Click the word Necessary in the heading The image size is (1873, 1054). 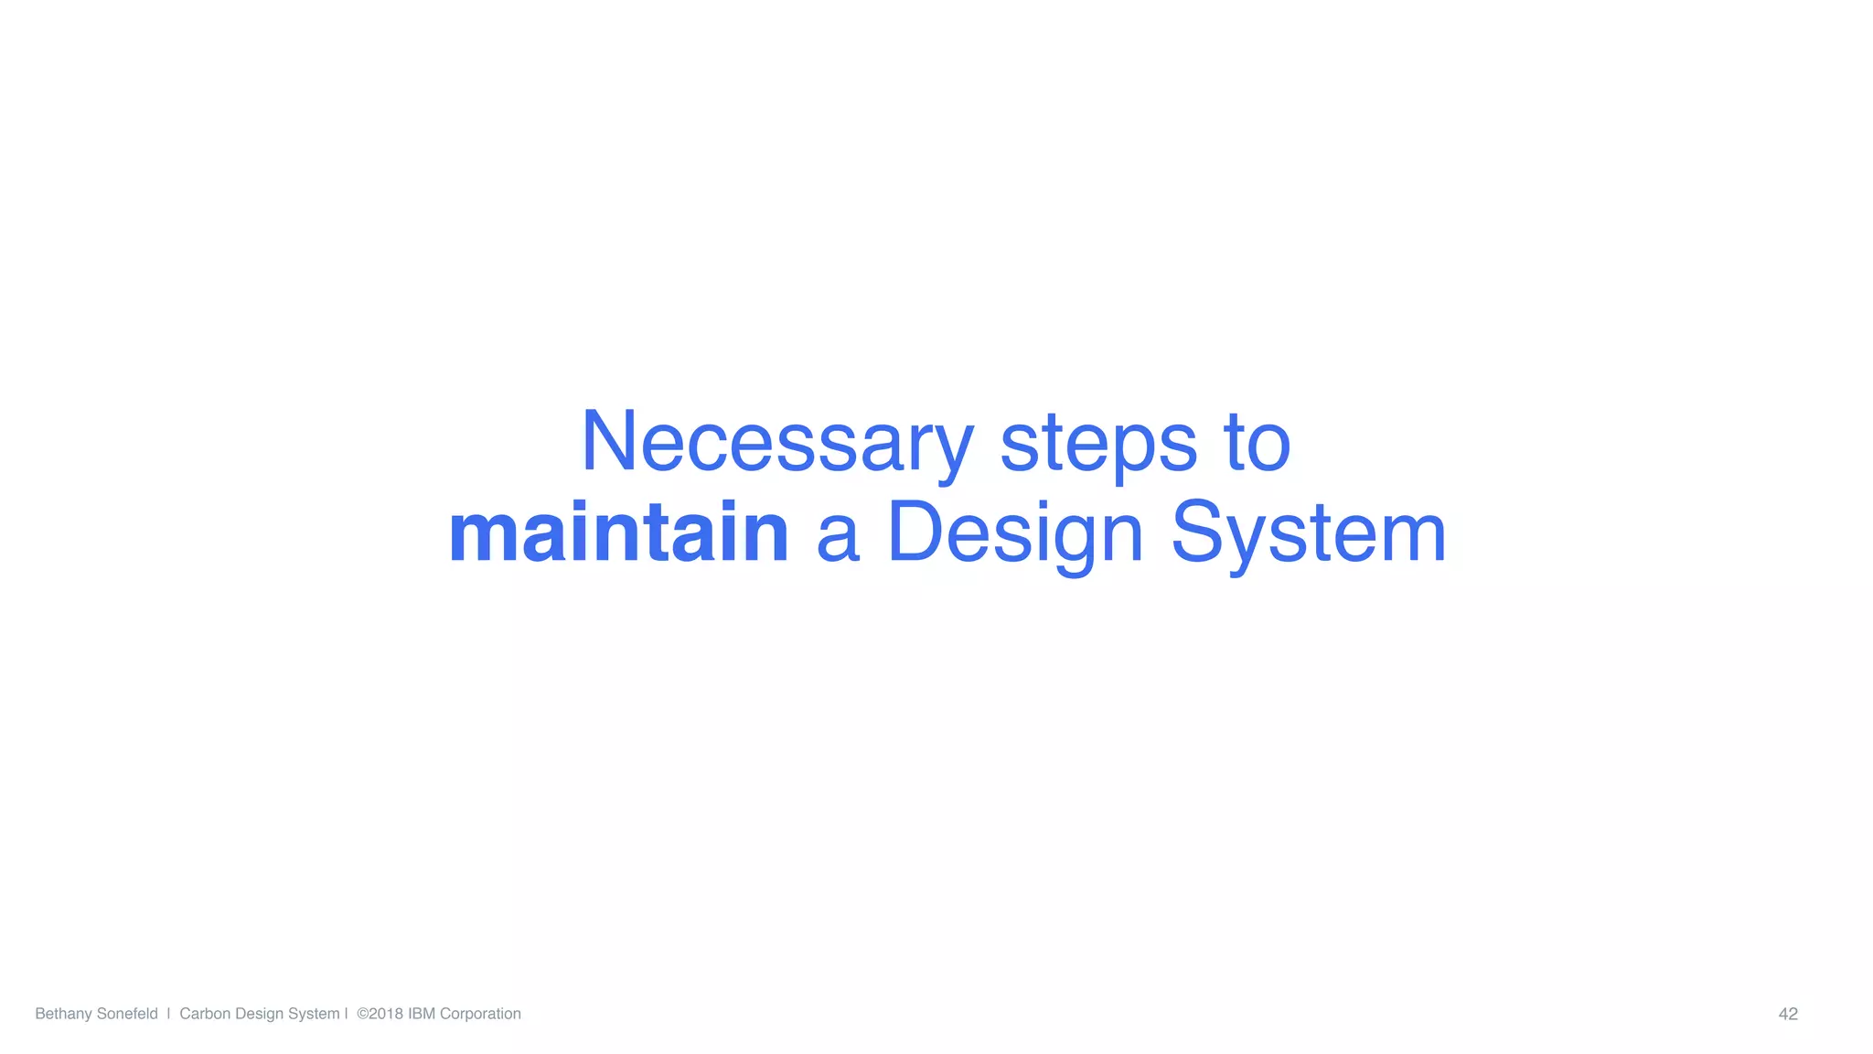coord(777,443)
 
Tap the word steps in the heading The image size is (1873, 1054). coord(1098,443)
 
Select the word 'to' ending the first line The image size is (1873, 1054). coord(1257,443)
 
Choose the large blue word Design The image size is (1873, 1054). coord(1015,534)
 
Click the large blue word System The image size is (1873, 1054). coord(1309,534)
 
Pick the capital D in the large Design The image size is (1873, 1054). coord(915,532)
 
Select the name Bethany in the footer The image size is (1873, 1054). coord(63,1014)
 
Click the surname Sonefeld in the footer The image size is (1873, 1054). coord(127,1014)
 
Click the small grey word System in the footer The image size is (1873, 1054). coord(314,1014)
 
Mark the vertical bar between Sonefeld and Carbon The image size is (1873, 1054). coord(169,1014)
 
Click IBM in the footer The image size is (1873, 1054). coord(422,1014)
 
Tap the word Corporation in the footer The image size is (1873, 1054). coord(480,1014)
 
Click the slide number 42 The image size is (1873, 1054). coord(1788,1014)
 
